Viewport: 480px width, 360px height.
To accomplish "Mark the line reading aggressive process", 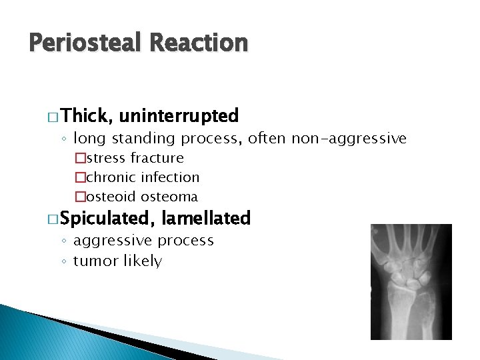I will click(143, 240).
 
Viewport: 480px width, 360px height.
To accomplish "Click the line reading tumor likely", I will click(117, 261).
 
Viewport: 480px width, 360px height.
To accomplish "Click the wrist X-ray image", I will click(411, 281).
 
